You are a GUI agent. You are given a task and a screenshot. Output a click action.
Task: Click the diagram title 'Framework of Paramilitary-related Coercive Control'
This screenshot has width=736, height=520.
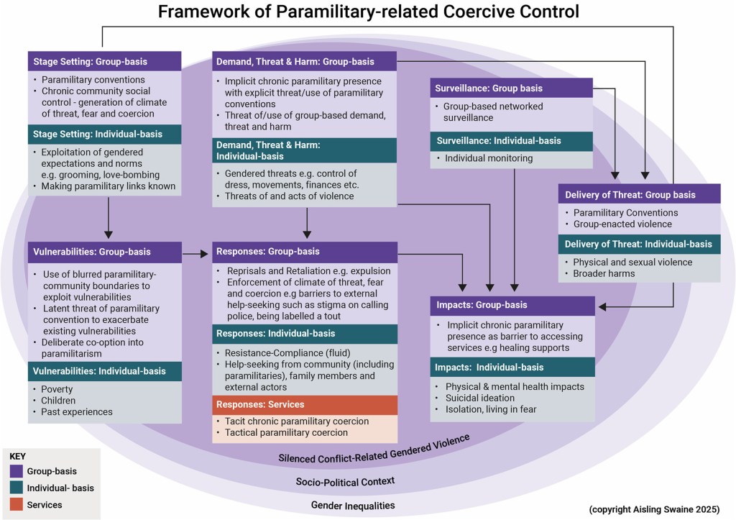point(368,12)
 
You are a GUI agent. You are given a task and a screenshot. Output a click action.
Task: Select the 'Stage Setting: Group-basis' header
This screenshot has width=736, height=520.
point(104,61)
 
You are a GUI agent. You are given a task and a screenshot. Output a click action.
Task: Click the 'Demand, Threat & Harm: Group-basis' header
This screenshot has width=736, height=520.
point(304,61)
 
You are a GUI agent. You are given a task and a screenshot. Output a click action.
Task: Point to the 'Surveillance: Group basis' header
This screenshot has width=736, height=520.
point(511,88)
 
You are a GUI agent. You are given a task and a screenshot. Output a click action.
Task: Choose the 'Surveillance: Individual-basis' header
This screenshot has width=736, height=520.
point(511,140)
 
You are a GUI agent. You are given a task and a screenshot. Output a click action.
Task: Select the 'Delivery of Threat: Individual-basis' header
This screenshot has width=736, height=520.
point(639,244)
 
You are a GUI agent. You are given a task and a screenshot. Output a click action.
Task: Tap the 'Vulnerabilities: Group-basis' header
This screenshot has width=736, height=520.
point(104,252)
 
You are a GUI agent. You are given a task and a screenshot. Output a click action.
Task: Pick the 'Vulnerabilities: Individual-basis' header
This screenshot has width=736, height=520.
point(104,371)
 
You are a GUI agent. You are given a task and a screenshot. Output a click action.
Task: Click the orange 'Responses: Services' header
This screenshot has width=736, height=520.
point(304,404)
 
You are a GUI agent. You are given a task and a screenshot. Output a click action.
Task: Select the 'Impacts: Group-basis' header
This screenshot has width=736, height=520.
point(512,305)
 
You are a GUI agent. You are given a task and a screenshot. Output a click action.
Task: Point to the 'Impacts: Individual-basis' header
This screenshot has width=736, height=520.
point(512,368)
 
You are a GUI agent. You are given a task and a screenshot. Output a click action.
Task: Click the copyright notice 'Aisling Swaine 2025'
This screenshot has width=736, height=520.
point(658,509)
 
